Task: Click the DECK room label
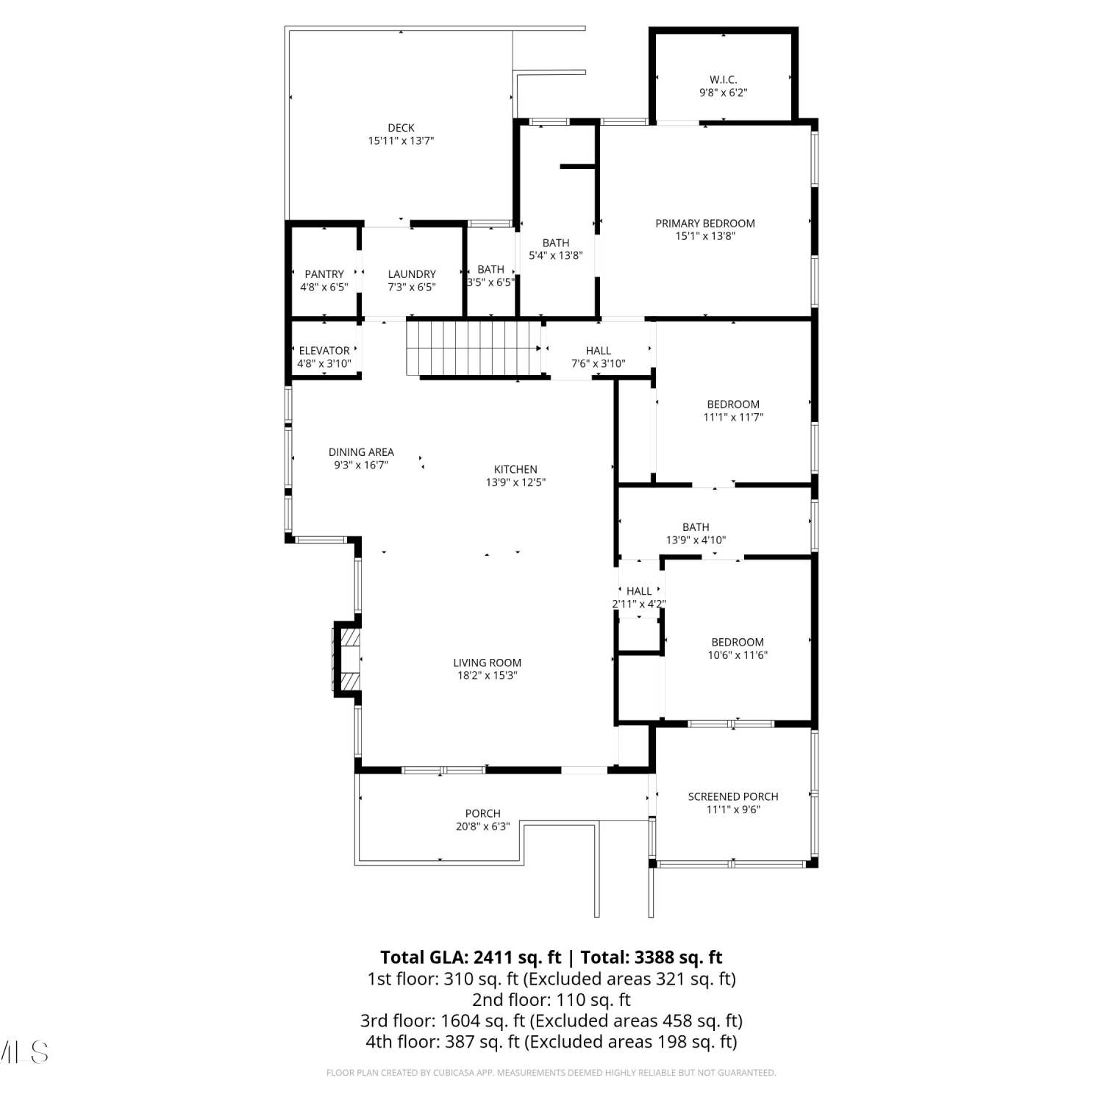pos(401,128)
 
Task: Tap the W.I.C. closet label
pos(724,79)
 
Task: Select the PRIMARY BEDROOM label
pos(705,224)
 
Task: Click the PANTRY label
pos(324,274)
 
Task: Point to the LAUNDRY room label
pos(412,274)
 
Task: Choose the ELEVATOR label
pos(324,351)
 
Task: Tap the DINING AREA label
pos(361,452)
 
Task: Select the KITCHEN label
pos(515,469)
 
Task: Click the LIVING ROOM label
pos(488,663)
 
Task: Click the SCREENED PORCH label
pos(733,796)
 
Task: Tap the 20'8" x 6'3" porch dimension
pos(483,827)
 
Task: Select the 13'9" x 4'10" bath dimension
pos(696,540)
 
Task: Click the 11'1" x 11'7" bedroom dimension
pos(733,417)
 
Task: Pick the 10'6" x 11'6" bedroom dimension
pos(738,655)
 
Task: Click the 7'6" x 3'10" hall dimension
pos(599,363)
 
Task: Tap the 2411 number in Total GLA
pos(491,957)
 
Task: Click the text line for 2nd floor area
pos(551,1000)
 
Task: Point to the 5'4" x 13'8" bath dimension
pos(556,256)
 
